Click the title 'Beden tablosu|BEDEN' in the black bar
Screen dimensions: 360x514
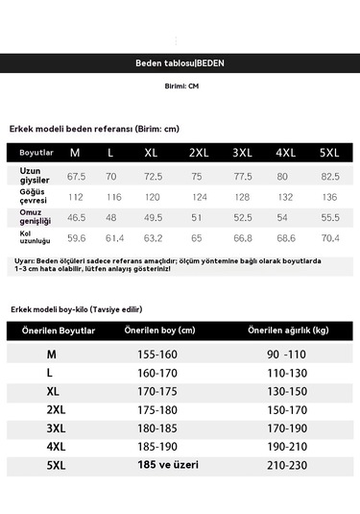coord(180,64)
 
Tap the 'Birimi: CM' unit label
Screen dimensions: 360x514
coord(180,86)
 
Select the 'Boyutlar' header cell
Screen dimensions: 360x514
coord(36,153)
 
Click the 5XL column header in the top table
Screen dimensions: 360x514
coord(330,153)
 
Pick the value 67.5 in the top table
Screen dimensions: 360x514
coord(77,177)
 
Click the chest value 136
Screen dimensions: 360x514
coord(330,197)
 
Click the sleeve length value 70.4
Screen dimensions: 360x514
coord(330,237)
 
